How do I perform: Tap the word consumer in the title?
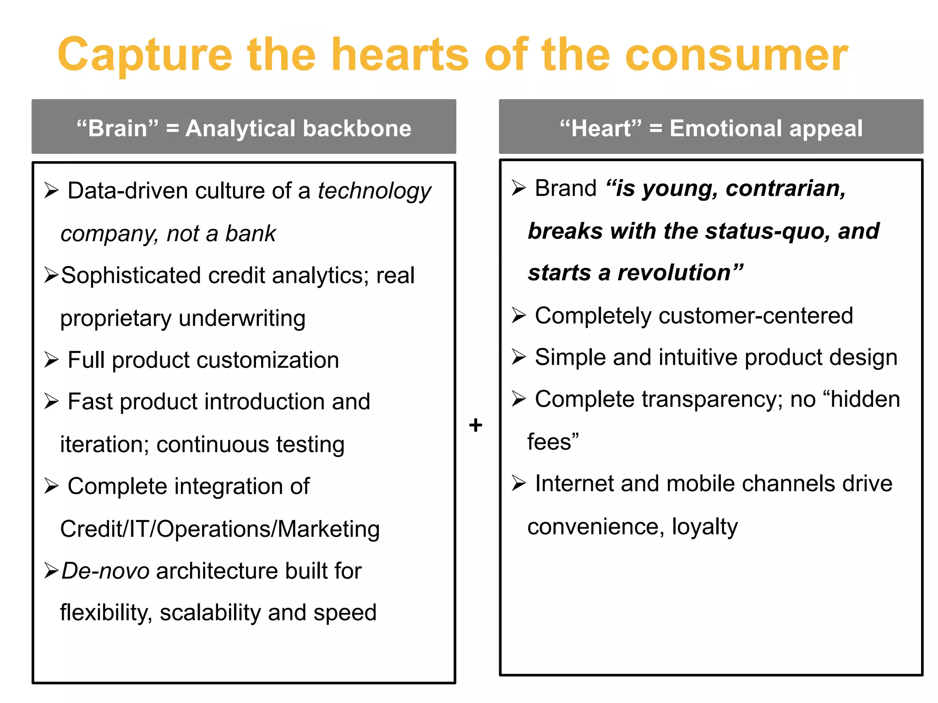736,55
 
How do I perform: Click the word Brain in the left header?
117,128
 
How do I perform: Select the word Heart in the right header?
600,128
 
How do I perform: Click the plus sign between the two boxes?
476,425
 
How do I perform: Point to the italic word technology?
374,191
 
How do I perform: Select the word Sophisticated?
131,276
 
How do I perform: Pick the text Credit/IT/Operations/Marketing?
220,529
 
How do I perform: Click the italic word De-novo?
105,571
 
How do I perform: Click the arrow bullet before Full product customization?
51,360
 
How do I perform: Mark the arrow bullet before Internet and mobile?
518,483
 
